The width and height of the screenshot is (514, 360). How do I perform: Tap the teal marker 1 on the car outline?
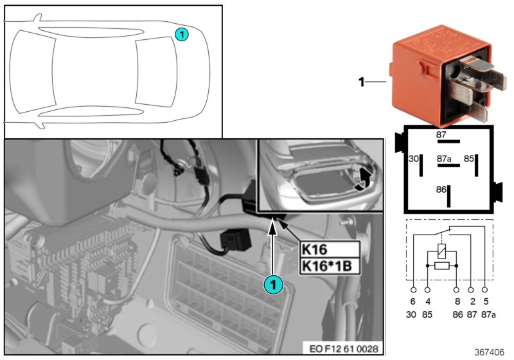point(182,34)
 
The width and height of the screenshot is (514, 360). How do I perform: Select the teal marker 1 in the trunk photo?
point(274,283)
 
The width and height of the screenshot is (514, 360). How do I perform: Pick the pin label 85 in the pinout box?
point(469,157)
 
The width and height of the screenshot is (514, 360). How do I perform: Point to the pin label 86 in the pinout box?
point(441,190)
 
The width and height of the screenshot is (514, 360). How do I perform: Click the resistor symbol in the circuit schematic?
point(441,265)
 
